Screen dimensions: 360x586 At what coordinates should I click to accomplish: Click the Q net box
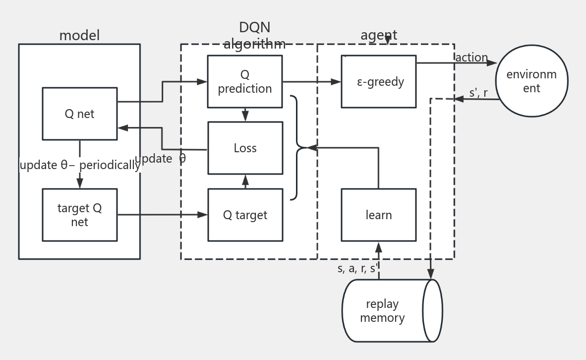pyautogui.click(x=79, y=114)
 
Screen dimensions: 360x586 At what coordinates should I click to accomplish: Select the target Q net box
pyautogui.click(x=79, y=215)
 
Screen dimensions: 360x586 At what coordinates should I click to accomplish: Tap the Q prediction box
pyautogui.click(x=245, y=81)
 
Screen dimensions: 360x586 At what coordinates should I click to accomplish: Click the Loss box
pyautogui.click(x=245, y=148)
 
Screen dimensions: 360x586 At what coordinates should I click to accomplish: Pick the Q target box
pyautogui.click(x=245, y=215)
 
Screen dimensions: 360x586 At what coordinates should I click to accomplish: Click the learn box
pyautogui.click(x=379, y=215)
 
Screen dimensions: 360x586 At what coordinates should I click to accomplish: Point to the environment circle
pyautogui.click(x=531, y=81)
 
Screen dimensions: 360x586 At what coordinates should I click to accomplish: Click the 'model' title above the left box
pyautogui.click(x=79, y=36)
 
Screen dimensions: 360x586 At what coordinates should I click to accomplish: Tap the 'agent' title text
pyautogui.click(x=379, y=35)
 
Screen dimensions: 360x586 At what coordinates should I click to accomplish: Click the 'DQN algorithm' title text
pyautogui.click(x=254, y=35)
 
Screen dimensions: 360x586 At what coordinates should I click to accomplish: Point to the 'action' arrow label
pyautogui.click(x=471, y=58)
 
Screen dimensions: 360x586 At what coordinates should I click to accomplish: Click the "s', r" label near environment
pyautogui.click(x=478, y=93)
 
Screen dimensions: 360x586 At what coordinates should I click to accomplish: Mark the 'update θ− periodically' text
pyautogui.click(x=79, y=165)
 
